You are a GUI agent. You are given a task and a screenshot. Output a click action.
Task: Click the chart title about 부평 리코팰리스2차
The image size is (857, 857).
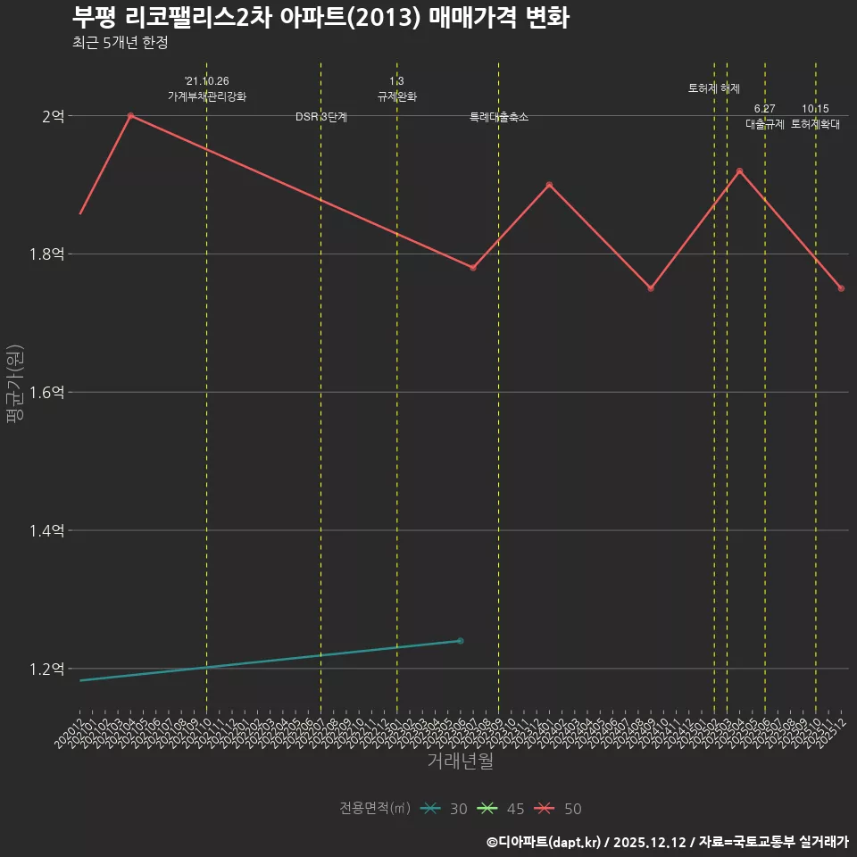tap(320, 18)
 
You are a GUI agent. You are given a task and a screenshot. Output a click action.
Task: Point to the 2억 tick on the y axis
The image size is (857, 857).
tap(52, 116)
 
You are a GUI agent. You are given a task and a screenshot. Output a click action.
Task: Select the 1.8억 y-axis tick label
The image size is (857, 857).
tap(46, 254)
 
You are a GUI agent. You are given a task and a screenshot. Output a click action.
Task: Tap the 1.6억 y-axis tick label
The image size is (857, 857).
tap(46, 393)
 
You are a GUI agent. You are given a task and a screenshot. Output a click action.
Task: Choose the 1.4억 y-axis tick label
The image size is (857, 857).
tap(46, 531)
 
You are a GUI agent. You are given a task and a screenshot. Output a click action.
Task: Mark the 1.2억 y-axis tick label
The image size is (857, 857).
tap(46, 670)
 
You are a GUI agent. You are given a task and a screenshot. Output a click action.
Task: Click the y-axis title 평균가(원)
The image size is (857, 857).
tap(15, 384)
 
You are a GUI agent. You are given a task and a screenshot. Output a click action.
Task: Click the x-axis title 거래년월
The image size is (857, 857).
tap(460, 761)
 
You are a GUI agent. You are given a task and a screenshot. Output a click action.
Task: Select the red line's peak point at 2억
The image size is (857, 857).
tap(130, 116)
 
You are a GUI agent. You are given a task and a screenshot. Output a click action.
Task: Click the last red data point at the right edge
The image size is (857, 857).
tap(841, 288)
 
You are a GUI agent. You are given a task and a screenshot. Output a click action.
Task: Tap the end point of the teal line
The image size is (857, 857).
tap(460, 641)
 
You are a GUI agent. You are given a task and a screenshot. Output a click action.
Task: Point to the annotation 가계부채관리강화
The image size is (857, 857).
tap(207, 96)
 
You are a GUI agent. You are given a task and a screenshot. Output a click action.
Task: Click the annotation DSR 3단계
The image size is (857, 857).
tap(321, 117)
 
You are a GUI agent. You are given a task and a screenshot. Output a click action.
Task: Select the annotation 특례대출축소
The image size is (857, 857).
tap(499, 117)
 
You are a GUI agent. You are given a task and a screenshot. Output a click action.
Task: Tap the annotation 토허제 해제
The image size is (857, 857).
tap(714, 88)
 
